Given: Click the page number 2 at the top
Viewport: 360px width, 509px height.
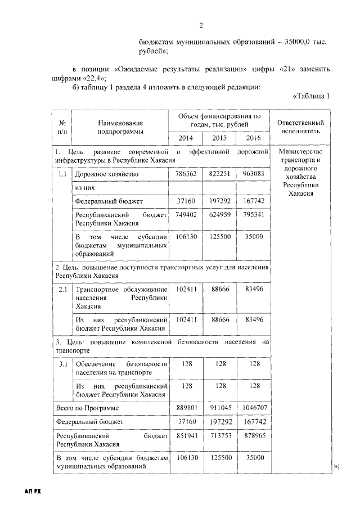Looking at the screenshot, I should pos(201,25).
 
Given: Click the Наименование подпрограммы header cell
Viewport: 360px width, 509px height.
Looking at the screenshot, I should pos(120,127).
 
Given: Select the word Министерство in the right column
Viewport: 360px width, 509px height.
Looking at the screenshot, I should pos(304,152).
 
